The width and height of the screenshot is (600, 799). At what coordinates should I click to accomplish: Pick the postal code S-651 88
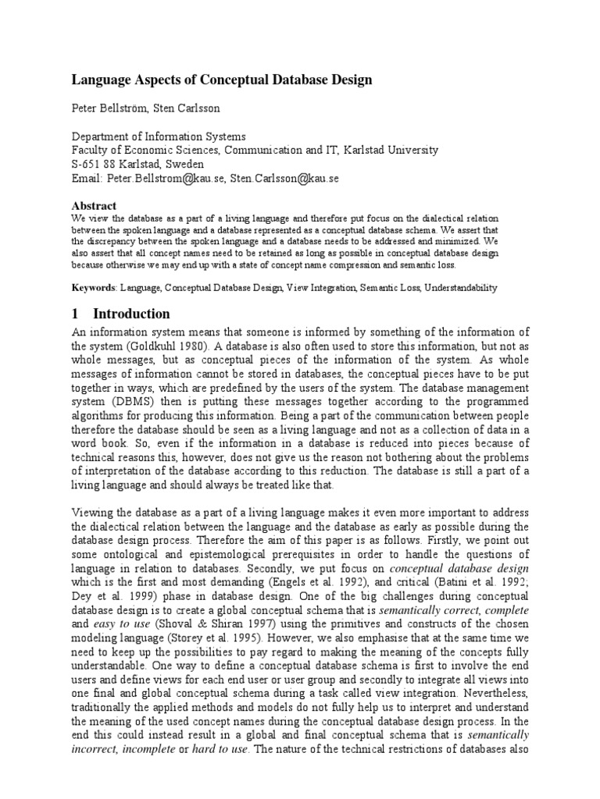pyautogui.click(x=96, y=164)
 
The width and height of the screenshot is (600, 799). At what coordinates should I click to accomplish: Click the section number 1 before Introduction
pyautogui.click(x=76, y=314)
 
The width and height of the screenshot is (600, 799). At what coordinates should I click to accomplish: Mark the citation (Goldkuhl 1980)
pyautogui.click(x=168, y=345)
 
